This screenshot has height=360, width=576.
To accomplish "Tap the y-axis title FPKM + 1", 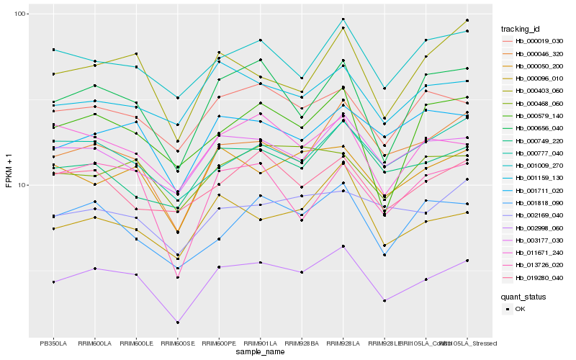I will tap(9, 175).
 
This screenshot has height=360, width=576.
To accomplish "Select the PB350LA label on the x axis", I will tap(53, 343).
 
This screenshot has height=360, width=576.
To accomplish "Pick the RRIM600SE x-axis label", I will tap(177, 343).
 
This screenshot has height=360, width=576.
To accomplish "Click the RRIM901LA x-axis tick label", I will tap(260, 343).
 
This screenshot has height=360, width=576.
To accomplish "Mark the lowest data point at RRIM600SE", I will tap(177, 323).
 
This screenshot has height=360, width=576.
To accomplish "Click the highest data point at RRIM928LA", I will tap(343, 19).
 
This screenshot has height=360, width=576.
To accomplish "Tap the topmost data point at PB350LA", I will tap(53, 50).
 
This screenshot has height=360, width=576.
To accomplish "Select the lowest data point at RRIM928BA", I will tap(302, 272).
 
